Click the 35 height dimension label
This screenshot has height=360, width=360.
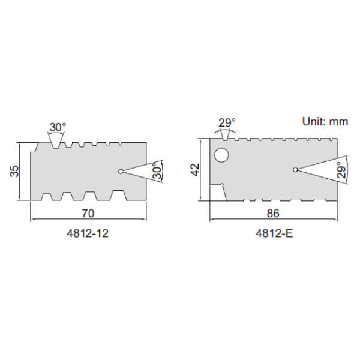pos(14,171)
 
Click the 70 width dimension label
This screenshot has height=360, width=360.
pos(88,213)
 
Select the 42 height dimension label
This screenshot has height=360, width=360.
pos(196,170)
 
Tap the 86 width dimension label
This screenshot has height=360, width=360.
pos(273,213)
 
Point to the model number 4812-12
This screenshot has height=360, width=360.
pos(88,233)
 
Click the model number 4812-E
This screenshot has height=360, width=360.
pos(274,233)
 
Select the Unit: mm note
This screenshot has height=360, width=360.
pos(325,121)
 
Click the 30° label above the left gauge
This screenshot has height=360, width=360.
pos(58,127)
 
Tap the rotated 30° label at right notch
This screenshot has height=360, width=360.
pos(157,171)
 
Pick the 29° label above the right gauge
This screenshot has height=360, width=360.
pos(227,123)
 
